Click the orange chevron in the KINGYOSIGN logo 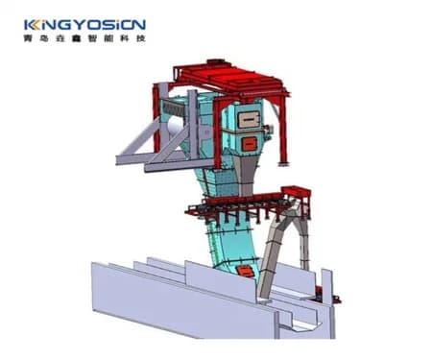point(36,25)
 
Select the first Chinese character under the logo point(28,38)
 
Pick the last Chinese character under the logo point(141,38)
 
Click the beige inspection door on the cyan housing point(249,120)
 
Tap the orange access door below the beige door point(249,144)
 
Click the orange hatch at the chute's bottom point(245,272)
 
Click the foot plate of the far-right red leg point(283,164)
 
